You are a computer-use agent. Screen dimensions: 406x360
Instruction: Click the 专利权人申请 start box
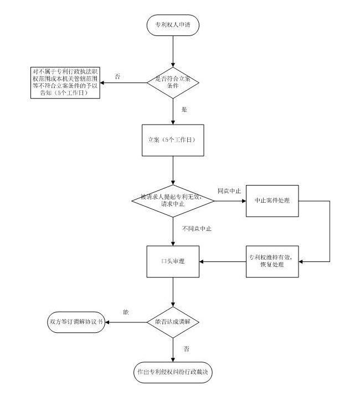tap(173, 25)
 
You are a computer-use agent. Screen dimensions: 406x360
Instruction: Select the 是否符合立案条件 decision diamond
tap(173, 83)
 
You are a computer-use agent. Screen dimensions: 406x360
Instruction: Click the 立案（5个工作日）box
tap(173, 140)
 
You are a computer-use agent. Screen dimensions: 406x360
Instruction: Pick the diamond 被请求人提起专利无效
tap(173, 199)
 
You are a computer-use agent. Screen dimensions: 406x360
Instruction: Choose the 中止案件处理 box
tap(272, 200)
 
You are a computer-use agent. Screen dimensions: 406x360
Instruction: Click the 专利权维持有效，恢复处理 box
tap(272, 261)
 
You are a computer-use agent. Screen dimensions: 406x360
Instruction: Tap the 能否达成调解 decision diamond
tap(173, 322)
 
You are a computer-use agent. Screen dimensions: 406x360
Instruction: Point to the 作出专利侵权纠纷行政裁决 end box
tap(173, 372)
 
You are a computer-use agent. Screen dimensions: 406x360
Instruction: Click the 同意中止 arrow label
tap(229, 191)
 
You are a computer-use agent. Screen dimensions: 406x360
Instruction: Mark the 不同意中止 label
tap(197, 228)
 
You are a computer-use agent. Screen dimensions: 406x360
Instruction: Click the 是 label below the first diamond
tap(184, 110)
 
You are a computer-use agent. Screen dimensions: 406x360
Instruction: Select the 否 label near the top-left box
tap(117, 76)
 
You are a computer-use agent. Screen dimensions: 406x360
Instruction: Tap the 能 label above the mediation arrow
tap(126, 313)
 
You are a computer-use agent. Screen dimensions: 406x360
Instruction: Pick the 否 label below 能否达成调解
tap(186, 348)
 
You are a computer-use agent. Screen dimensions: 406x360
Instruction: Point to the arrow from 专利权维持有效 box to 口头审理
tap(223, 261)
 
